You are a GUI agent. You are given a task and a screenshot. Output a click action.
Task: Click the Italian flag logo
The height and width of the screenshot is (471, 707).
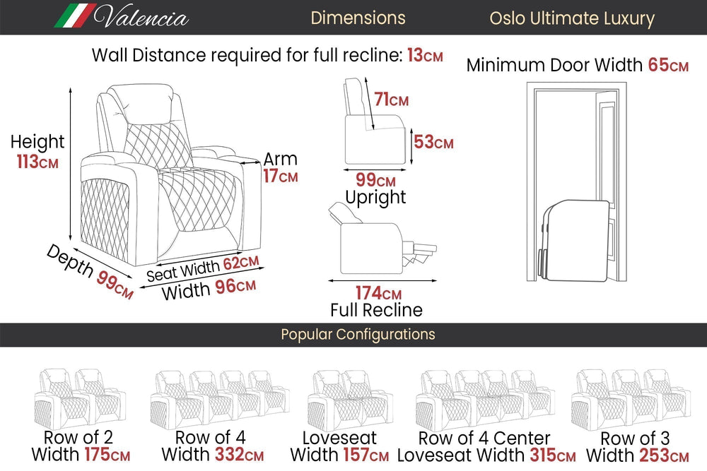click(75, 16)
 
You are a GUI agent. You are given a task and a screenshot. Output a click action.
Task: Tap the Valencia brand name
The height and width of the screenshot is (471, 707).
click(141, 17)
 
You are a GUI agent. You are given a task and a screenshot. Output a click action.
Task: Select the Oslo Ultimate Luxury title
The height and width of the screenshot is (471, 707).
click(572, 18)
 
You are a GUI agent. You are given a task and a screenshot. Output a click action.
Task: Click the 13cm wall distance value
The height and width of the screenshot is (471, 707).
click(425, 56)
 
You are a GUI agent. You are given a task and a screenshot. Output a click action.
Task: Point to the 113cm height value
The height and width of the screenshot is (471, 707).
click(37, 162)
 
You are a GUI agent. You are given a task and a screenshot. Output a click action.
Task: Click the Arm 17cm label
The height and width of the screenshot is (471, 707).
click(281, 168)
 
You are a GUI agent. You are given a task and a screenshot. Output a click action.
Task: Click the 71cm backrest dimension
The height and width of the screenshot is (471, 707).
click(391, 100)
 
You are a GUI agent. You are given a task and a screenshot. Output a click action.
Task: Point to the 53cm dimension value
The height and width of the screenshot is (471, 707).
click(433, 143)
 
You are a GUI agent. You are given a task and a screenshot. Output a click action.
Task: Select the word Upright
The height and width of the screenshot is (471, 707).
click(375, 198)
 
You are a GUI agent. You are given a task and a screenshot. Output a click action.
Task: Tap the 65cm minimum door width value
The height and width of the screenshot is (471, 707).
click(668, 66)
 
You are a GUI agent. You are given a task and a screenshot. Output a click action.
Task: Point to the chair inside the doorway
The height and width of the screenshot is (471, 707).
click(576, 240)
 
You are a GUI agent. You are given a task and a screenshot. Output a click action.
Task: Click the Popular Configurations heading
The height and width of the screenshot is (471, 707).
click(358, 334)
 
